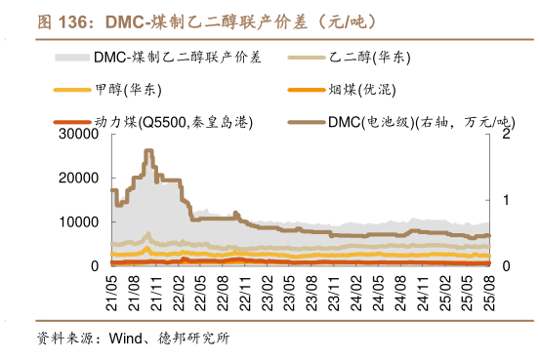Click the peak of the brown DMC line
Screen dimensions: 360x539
click(x=147, y=151)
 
